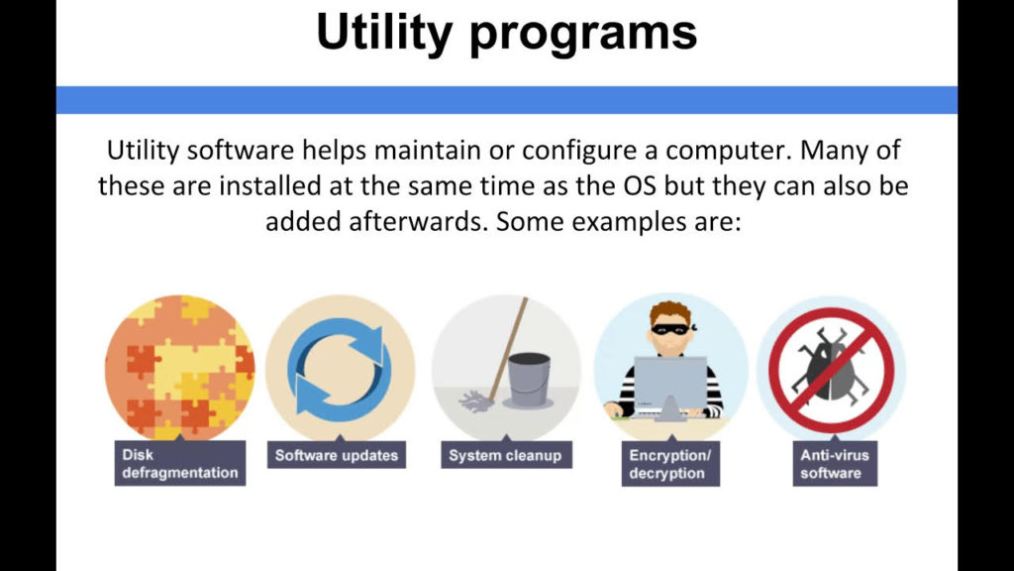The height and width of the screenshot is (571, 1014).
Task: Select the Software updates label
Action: [336, 455]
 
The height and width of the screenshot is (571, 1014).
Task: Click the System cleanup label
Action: [505, 455]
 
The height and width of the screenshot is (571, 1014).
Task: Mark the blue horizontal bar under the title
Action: [506, 100]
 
